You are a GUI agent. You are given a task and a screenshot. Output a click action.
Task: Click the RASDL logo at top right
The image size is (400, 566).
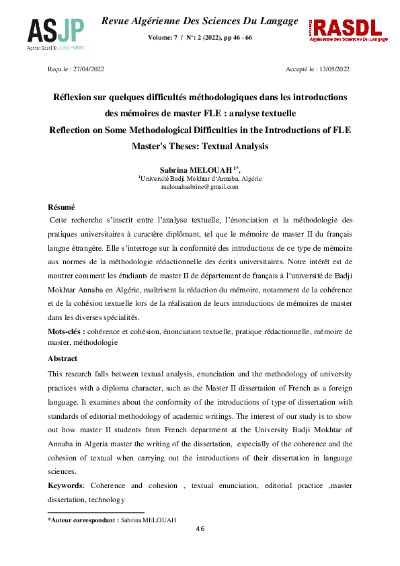[346, 30]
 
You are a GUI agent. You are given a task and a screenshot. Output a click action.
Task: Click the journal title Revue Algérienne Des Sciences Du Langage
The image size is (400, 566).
[199, 22]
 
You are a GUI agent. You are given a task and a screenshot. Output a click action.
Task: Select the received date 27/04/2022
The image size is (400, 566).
[89, 69]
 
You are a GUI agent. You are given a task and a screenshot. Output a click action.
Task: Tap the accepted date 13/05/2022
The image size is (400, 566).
[333, 69]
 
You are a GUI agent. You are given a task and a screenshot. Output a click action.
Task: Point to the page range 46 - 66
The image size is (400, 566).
[239, 37]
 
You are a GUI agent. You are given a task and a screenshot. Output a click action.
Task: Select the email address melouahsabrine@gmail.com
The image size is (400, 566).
[200, 187]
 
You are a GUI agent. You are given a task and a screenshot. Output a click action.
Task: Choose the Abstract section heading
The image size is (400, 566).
[63, 358]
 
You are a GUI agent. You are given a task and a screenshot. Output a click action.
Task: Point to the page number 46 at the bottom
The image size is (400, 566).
[200, 528]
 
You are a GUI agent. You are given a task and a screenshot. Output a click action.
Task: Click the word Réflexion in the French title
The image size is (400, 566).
[76, 97]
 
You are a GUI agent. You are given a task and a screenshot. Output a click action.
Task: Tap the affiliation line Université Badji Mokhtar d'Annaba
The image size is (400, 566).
[200, 179]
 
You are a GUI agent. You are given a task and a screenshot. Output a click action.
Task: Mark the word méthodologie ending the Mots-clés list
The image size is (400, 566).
[93, 342]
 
